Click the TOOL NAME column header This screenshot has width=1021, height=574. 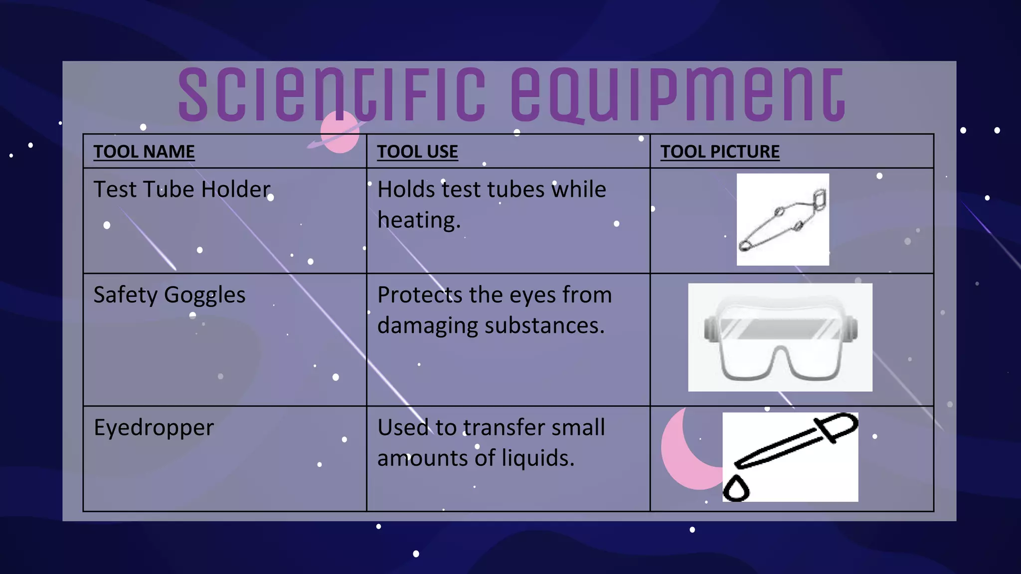pos(144,151)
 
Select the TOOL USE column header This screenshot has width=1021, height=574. pos(417,151)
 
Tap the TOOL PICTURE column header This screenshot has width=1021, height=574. pos(720,151)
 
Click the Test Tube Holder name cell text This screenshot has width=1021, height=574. pos(182,189)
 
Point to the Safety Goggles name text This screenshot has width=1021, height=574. pos(170,295)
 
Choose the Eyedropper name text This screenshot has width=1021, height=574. pos(154,428)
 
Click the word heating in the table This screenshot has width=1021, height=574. pos(419,220)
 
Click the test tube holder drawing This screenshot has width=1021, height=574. pos(783,220)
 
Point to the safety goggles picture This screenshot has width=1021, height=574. pos(780,337)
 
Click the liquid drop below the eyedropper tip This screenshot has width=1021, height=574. pos(736,488)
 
